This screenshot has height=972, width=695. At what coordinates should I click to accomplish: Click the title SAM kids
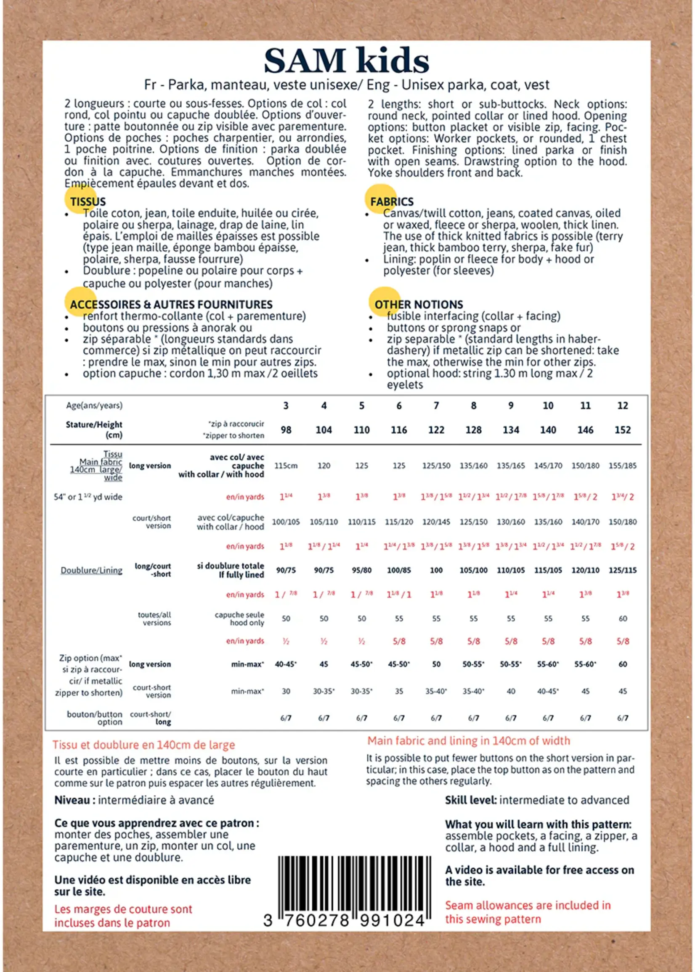point(347,61)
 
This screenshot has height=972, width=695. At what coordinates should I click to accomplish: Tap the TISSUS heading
point(88,202)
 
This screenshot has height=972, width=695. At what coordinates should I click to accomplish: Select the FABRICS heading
point(392,202)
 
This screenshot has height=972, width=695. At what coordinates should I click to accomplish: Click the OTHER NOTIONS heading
point(419,304)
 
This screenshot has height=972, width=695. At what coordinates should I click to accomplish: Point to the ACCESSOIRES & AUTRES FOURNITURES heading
point(171,304)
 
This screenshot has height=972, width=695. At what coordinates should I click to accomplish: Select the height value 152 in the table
point(622,430)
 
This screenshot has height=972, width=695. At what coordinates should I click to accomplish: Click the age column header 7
point(436,406)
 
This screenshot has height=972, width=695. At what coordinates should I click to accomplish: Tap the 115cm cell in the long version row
point(286,466)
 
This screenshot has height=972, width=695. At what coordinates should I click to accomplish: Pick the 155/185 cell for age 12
point(622,466)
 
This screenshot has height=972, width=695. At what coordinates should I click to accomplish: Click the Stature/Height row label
point(94,429)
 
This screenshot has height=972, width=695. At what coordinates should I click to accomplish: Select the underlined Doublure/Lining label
point(92,570)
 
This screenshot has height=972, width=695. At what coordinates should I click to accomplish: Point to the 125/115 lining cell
point(622,570)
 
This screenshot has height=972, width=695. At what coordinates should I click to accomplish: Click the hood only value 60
point(623,619)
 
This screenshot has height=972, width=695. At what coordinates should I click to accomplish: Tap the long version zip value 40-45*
point(286,664)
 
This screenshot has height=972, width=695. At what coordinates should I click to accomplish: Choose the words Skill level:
point(471,800)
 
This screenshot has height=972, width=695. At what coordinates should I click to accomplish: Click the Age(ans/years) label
point(94,406)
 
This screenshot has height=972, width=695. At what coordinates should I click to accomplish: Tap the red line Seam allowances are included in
point(528,905)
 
